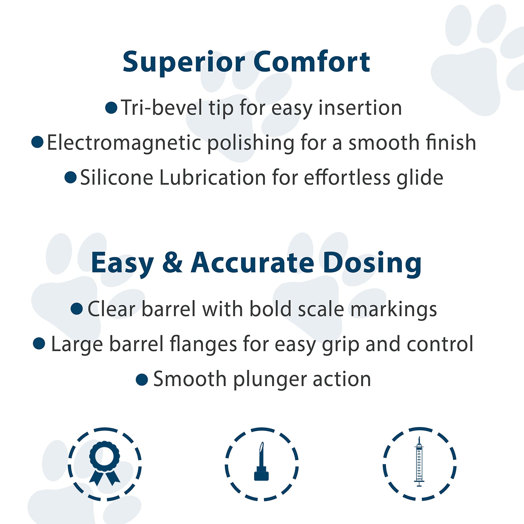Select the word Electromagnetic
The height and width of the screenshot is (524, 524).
coord(124,143)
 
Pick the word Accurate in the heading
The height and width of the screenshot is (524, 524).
coord(253,263)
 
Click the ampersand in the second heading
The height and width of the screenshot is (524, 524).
coord(172,263)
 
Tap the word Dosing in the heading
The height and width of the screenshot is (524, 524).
coord(372,263)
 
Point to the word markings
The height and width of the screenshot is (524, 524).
coord(394,310)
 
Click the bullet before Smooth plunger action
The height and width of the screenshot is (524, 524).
coord(142,379)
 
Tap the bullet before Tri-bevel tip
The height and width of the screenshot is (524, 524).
coord(111,107)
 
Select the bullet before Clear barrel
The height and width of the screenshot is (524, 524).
coord(77,309)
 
